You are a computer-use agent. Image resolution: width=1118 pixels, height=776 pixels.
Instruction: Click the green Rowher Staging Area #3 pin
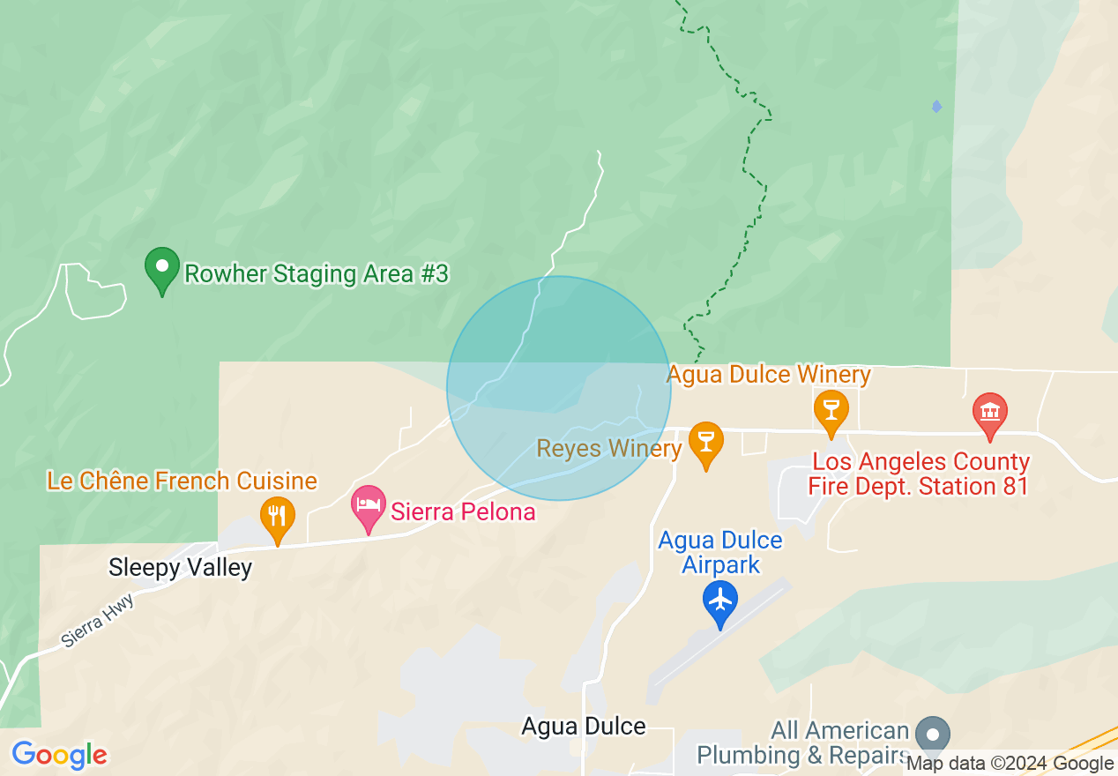162,269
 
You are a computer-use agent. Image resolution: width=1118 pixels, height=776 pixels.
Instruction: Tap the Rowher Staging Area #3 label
317,274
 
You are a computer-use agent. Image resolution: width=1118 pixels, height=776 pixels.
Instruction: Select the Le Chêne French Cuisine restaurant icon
278,519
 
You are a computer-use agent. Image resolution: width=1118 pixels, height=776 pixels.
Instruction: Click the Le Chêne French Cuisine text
182,481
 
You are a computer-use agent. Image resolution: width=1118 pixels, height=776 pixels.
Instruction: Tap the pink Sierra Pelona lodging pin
369,507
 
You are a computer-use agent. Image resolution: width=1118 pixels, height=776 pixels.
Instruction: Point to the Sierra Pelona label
463,511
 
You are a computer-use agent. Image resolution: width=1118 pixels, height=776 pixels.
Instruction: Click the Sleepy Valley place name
180,568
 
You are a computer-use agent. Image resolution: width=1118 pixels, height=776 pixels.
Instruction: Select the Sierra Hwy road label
98,623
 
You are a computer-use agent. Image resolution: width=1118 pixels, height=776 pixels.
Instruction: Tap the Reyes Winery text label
609,449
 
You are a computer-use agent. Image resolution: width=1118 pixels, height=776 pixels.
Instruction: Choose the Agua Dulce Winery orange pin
831,412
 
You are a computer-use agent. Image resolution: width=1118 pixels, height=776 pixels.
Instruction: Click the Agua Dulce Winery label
769,375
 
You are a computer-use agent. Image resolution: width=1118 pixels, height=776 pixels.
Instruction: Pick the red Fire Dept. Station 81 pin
989,414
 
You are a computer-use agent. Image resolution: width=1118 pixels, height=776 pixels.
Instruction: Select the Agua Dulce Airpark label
720,552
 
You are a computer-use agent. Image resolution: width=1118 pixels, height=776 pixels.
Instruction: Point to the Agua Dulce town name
584,727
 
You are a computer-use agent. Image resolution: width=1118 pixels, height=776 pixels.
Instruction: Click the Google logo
60,755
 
